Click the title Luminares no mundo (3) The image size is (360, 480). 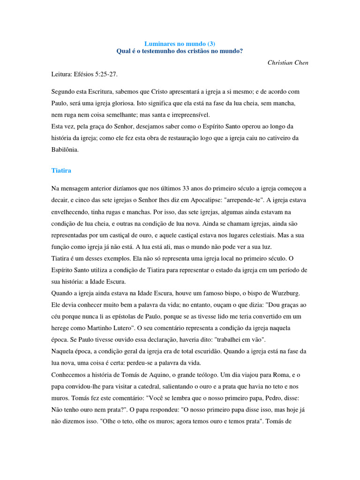[x=180, y=43]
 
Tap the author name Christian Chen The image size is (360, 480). [x=288, y=62]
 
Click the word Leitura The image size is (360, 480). [x=62, y=74]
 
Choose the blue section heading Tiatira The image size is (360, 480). [x=61, y=171]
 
